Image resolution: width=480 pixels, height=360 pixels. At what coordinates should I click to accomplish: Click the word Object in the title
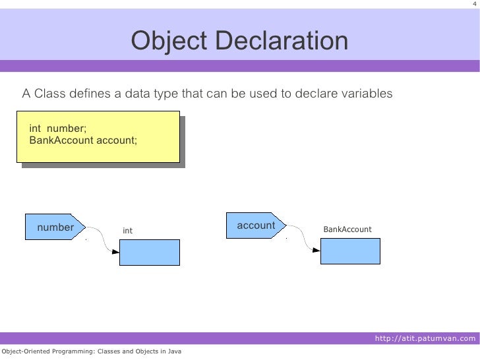pyautogui.click(x=169, y=42)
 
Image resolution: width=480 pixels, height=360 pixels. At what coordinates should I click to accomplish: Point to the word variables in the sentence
pyautogui.click(x=366, y=94)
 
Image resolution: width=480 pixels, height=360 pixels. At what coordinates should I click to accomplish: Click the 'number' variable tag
pyautogui.click(x=55, y=227)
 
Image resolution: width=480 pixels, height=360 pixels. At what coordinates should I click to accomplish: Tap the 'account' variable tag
pyautogui.click(x=256, y=225)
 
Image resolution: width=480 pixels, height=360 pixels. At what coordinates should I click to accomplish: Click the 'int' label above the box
pyautogui.click(x=128, y=231)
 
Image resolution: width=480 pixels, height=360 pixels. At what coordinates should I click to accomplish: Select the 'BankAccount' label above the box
pyautogui.click(x=347, y=229)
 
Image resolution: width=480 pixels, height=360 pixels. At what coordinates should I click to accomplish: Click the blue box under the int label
pyautogui.click(x=149, y=252)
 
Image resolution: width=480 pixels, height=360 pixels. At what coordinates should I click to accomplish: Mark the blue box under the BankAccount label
pyautogui.click(x=350, y=251)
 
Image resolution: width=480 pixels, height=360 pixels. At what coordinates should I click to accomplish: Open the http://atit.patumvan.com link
pyautogui.click(x=424, y=339)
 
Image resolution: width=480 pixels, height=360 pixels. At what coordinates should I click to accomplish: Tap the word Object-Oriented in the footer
pyautogui.click(x=24, y=351)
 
